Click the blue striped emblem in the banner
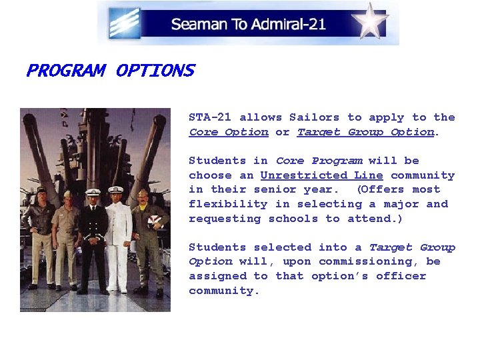pyautogui.click(x=125, y=23)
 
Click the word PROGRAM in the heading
pyautogui.click(x=65, y=71)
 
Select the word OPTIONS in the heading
pyautogui.click(x=155, y=71)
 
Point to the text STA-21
pyautogui.click(x=210, y=117)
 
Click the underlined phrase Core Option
pyautogui.click(x=229, y=132)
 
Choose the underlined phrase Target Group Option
pyautogui.click(x=365, y=132)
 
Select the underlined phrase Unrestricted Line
pyautogui.click(x=321, y=175)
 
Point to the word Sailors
pyautogui.click(x=314, y=117)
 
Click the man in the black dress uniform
pyautogui.click(x=93, y=240)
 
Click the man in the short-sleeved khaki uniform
pyautogui.click(x=67, y=237)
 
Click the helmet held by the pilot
pyautogui.click(x=155, y=223)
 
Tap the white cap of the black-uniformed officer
pyautogui.click(x=92, y=192)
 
